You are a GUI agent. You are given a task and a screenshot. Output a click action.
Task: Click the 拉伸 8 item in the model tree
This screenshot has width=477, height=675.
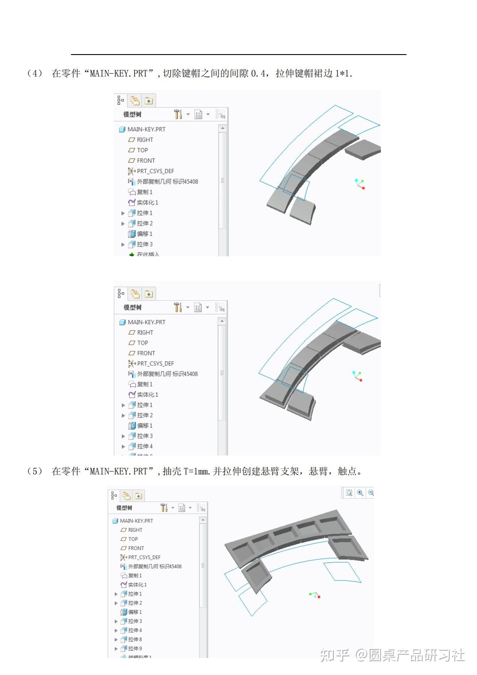135,639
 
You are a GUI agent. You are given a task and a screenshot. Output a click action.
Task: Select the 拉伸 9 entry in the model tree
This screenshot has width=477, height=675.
135,648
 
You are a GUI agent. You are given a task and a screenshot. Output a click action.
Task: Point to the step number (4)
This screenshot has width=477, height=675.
34,73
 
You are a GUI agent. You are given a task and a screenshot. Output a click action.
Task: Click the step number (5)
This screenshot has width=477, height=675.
34,471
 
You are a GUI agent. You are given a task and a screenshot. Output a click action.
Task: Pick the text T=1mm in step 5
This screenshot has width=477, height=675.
197,471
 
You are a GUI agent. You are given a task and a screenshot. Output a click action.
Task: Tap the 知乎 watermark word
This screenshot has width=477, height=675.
335,655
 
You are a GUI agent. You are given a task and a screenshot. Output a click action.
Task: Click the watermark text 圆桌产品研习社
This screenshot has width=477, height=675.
416,655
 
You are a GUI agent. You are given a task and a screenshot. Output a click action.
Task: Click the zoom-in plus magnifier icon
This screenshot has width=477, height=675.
360,493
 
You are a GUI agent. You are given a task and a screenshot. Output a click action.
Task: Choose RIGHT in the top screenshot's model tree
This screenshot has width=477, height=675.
145,140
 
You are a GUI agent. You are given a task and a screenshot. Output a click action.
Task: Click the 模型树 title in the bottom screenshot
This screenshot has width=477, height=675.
124,507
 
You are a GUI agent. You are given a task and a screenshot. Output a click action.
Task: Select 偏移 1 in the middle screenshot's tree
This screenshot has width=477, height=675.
145,426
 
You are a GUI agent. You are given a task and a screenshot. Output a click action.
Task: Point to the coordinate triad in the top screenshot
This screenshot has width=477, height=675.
359,184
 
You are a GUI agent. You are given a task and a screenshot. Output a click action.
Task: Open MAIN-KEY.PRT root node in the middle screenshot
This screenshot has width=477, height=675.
146,322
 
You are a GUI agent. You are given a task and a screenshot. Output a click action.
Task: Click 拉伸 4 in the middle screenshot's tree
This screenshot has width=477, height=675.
145,446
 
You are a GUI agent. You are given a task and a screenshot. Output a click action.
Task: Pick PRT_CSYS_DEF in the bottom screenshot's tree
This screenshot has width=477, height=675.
144,557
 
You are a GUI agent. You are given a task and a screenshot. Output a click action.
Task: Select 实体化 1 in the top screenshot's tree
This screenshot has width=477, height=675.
147,202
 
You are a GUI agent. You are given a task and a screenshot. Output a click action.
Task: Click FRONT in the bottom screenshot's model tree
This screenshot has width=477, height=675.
136,548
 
